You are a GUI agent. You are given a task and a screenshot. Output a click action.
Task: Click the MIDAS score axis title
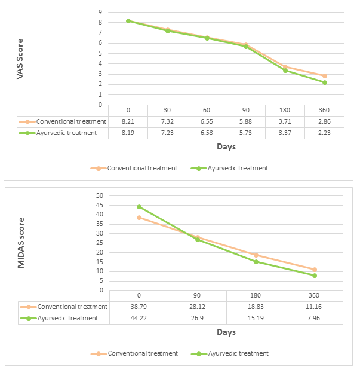coord(21,243)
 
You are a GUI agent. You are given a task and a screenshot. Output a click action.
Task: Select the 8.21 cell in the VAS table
coord(128,121)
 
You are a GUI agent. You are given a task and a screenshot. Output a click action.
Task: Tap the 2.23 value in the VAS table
coord(325,133)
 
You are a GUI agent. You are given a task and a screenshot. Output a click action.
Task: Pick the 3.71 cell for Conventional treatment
coord(285,121)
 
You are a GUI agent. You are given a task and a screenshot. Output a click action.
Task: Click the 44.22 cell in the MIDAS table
coord(139,318)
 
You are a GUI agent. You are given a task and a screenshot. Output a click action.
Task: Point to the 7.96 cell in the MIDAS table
coord(314,318)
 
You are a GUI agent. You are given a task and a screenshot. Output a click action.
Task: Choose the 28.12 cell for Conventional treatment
coord(197,307)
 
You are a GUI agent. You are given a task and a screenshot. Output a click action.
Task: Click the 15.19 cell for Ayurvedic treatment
coord(256,318)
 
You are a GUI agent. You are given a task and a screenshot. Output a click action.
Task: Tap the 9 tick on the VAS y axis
coord(100,12)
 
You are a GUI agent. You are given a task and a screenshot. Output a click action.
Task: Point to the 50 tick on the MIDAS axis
coord(99,195)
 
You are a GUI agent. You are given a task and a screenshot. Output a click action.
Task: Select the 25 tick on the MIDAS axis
coord(99,243)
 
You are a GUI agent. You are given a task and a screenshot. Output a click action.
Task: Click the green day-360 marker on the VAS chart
coord(325,82)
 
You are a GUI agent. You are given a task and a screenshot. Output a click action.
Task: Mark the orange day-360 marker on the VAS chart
coord(325,76)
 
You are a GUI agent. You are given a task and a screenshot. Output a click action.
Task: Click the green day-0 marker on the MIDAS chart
coord(139,207)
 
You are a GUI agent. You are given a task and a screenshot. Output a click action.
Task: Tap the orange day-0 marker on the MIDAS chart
coord(139,218)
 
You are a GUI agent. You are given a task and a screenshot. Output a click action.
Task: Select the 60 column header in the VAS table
coord(207,110)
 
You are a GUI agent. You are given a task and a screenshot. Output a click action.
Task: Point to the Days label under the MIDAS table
coord(226,332)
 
